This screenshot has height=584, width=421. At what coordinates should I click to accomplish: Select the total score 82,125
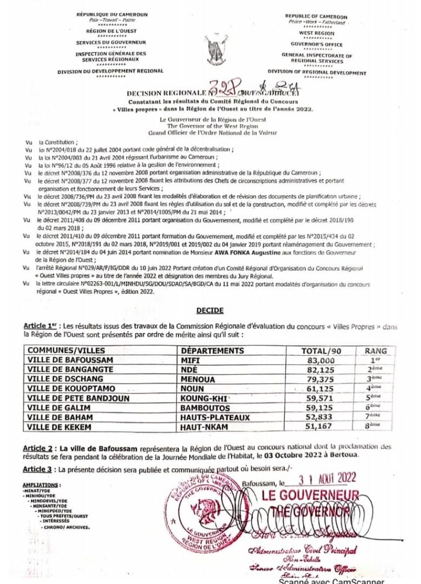[318, 370]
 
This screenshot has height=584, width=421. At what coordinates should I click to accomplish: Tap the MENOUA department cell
[197, 379]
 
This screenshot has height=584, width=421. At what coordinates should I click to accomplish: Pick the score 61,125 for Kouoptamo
[318, 389]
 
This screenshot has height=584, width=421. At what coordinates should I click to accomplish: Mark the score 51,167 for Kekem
[318, 427]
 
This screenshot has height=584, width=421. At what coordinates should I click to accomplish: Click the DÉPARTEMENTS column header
[212, 351]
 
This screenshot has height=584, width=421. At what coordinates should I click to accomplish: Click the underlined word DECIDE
[210, 310]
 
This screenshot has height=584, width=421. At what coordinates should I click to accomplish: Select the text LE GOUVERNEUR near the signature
[310, 495]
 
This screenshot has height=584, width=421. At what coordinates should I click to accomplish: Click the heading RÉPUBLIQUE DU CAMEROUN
[111, 14]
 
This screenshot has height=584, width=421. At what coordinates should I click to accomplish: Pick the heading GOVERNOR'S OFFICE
[317, 44]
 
